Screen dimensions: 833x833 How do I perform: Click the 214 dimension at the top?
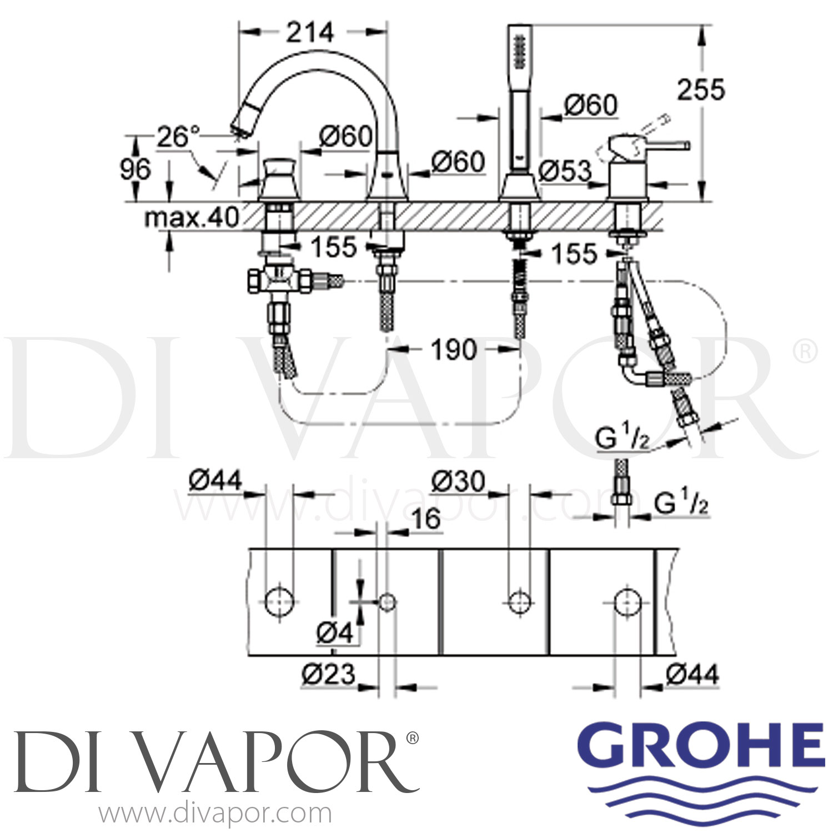coord(310,33)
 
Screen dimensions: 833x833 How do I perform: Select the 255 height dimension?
coord(701,89)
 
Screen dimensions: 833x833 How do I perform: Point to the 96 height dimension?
coord(136,169)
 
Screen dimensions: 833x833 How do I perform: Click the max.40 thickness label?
coord(191,218)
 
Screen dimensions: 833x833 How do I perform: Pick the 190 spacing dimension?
coord(453,350)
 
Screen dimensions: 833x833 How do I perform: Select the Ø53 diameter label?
coord(565,172)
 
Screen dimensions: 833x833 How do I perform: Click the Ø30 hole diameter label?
coord(458,481)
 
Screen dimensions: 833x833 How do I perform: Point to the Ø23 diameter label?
coord(328,674)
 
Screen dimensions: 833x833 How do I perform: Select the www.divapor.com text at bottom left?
coord(215,814)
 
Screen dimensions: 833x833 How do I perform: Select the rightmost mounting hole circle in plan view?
coord(628,601)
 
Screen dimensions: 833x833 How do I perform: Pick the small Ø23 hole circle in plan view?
coord(387,601)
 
